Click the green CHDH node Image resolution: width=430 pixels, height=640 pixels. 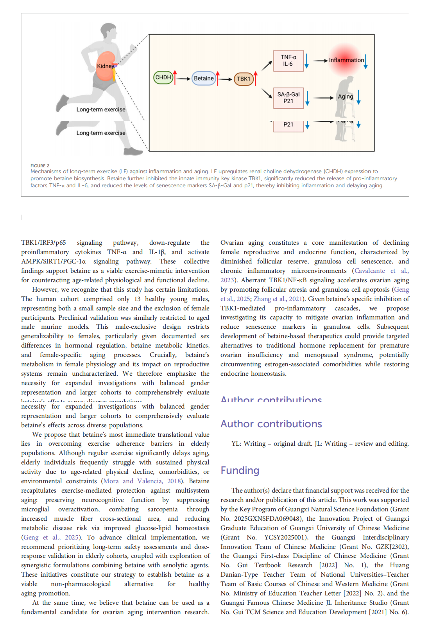[x=163, y=77]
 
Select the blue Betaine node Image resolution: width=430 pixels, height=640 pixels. [x=204, y=78]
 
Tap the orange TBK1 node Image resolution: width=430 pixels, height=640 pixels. [x=243, y=79]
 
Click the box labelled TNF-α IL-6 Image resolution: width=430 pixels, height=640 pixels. [x=288, y=61]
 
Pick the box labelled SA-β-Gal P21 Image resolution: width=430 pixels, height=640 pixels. [x=288, y=98]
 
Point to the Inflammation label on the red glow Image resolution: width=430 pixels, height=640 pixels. [x=346, y=60]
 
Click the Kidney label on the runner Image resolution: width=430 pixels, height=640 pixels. [x=105, y=66]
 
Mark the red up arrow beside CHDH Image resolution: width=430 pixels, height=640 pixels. [x=175, y=77]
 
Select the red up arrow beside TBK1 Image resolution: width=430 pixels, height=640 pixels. [x=256, y=78]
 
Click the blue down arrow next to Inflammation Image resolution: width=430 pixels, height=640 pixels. [x=365, y=62]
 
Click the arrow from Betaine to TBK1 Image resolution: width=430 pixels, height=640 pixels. [x=226, y=79]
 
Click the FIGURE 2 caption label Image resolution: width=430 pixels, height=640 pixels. [x=40, y=166]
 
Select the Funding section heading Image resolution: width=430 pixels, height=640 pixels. [x=240, y=470]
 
